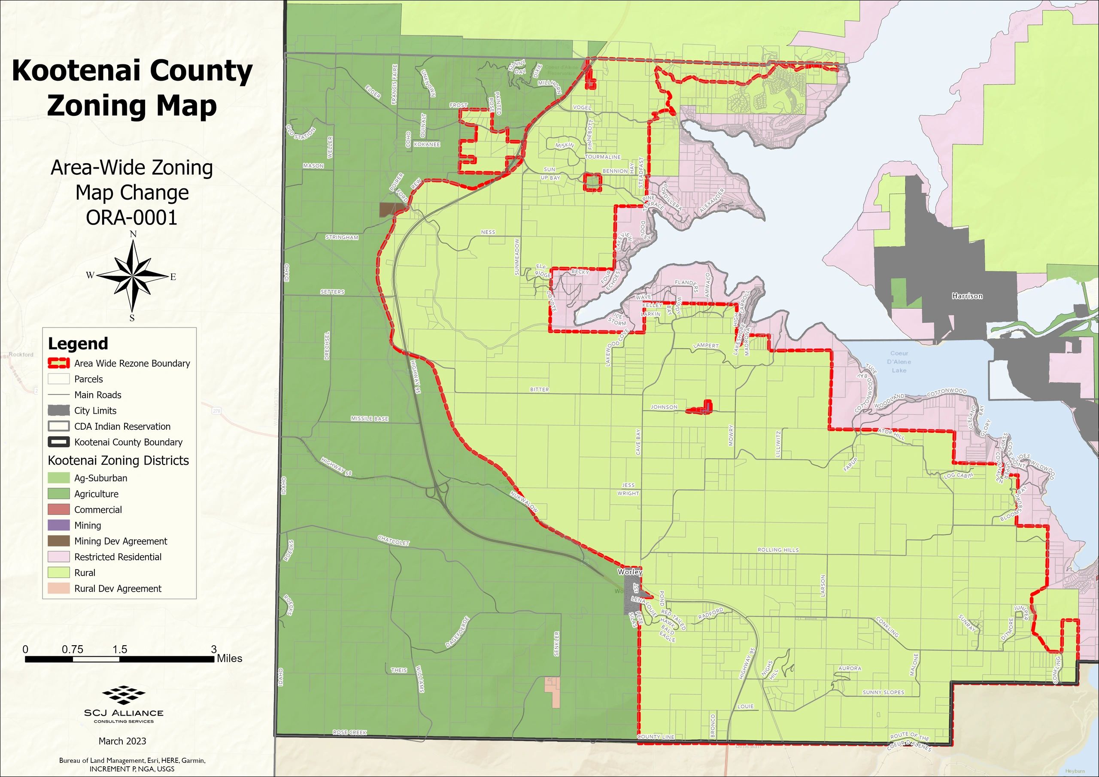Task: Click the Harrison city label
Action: coord(967,296)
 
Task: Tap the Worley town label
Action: coord(630,572)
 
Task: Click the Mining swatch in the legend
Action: coord(58,525)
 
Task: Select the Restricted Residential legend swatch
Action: coord(58,557)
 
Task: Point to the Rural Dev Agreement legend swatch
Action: coord(58,589)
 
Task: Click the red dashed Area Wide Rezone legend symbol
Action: coord(58,363)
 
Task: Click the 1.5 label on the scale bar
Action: coord(120,649)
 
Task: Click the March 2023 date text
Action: coord(122,741)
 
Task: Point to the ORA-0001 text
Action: coord(132,217)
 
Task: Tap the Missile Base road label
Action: coord(370,419)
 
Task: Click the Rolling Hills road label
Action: coord(778,550)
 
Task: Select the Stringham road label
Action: coord(342,237)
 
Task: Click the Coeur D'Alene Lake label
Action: coord(899,361)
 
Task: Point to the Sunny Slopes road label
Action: coord(883,692)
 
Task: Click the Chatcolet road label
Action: coord(394,540)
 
